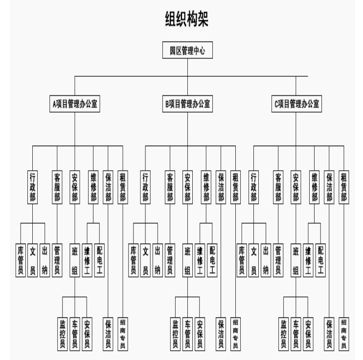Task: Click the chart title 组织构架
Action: coord(186,19)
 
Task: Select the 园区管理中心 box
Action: coord(187,50)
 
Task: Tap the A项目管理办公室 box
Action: coord(75,104)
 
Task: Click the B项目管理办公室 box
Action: coord(187,104)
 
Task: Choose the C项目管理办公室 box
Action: coord(296,104)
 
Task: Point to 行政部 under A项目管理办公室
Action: coord(32,187)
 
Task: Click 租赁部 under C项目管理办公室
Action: coord(344,187)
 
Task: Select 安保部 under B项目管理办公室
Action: coord(187,187)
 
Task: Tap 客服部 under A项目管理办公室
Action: coord(57,187)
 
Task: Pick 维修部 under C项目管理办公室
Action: coord(315,187)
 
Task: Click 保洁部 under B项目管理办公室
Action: coord(221,187)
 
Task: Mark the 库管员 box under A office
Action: coord(21,260)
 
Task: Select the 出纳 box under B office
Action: coord(158,260)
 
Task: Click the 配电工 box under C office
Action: coord(320,260)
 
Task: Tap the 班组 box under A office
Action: coord(75,260)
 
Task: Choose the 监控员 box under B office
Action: coord(175,334)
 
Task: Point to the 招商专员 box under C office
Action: coord(344,334)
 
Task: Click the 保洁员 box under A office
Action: coord(108,334)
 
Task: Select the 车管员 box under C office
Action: coord(296,334)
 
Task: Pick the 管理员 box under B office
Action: coord(170,260)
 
